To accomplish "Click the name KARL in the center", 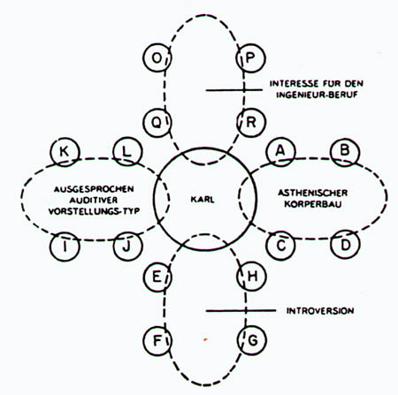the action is pos(203,200).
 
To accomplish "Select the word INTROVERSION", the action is pos(320,311).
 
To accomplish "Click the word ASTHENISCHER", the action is pos(313,193).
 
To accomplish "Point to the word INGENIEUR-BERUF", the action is pos(317,95).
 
